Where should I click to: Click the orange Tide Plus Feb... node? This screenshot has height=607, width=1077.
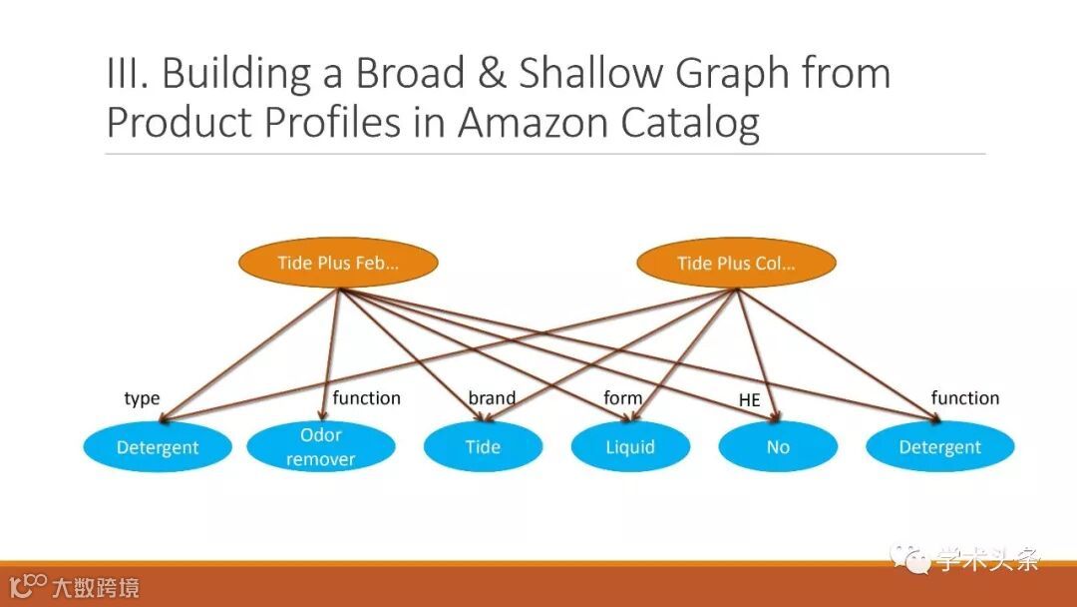point(338,264)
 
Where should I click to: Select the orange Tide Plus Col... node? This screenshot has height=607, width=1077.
point(736,264)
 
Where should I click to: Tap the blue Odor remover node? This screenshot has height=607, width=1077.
point(321,447)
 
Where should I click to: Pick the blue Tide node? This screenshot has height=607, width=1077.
point(483,447)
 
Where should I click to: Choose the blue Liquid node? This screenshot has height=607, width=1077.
point(630,447)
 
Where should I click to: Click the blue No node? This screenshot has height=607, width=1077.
point(778,447)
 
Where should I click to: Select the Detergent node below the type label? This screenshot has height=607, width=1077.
point(158,447)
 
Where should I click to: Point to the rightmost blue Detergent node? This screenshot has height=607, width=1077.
point(939,447)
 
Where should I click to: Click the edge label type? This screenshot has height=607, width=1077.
point(142,398)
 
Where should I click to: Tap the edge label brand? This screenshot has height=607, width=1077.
point(492,398)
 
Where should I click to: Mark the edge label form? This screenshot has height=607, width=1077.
point(623,398)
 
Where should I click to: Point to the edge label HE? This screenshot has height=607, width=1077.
point(749,400)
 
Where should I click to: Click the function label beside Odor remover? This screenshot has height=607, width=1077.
point(366,398)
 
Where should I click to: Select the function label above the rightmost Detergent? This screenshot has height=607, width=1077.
point(964,398)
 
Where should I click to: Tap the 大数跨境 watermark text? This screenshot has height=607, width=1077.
point(96,587)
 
